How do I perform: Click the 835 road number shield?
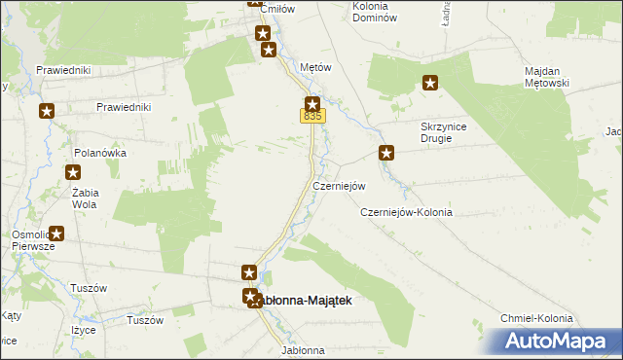[311, 117]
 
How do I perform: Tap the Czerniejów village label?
[339, 186]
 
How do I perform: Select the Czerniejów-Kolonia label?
[406, 212]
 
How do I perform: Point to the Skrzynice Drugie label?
[450, 132]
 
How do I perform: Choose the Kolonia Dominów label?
[376, 13]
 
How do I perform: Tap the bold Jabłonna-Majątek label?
[303, 301]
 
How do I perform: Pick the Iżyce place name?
[83, 330]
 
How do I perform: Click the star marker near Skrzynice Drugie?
[386, 152]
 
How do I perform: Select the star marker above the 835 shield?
[312, 104]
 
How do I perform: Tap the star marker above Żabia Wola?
[73, 173]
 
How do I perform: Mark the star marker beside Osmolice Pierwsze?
[56, 234]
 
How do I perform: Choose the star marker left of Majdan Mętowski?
[429, 84]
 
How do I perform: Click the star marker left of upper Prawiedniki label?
[46, 112]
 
